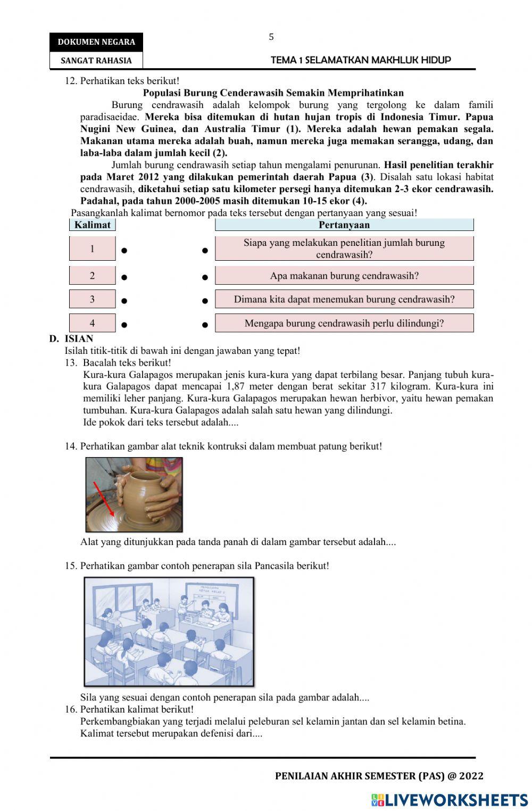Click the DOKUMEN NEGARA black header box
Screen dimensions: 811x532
point(96,42)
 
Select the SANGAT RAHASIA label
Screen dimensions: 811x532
point(96,61)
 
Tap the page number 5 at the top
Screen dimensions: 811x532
point(271,37)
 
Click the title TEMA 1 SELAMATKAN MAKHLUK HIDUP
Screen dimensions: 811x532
point(361,60)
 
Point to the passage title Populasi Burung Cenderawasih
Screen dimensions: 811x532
point(273,93)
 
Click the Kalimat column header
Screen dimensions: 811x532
point(93,225)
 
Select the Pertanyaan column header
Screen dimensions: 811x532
point(344,225)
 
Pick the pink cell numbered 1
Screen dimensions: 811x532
point(93,249)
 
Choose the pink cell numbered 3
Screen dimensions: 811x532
point(93,299)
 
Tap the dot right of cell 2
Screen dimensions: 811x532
point(124,277)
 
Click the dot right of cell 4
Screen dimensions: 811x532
point(124,324)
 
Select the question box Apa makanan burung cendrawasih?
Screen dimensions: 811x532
point(344,276)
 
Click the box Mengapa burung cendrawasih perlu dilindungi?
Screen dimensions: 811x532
point(344,323)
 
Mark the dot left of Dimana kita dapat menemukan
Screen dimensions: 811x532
point(205,301)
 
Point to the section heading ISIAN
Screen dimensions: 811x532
point(79,338)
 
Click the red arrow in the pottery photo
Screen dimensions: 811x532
point(104,499)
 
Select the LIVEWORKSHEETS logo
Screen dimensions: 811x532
point(450,800)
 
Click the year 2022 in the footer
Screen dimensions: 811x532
point(472,776)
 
